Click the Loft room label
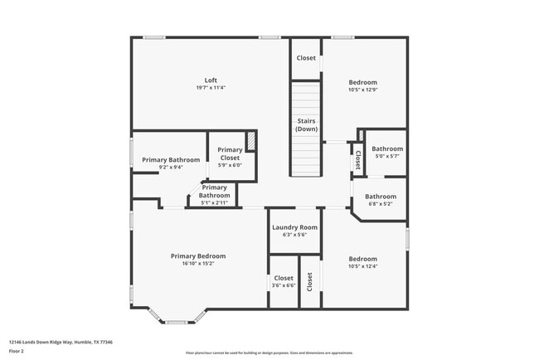(211, 80)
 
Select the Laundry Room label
(295, 227)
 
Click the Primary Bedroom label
(198, 256)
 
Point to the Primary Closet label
(230, 153)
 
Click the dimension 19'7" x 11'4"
(211, 87)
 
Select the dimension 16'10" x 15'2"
(198, 264)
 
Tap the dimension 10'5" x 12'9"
(362, 90)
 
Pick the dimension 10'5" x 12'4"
(362, 266)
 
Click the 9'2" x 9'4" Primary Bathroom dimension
(171, 168)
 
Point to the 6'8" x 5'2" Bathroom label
(381, 197)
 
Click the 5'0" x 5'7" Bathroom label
(386, 148)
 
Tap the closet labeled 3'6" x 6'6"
(284, 279)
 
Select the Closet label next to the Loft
(306, 58)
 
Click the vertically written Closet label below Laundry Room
(309, 282)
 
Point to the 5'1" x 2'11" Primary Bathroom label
(214, 192)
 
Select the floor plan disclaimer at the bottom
(269, 352)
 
